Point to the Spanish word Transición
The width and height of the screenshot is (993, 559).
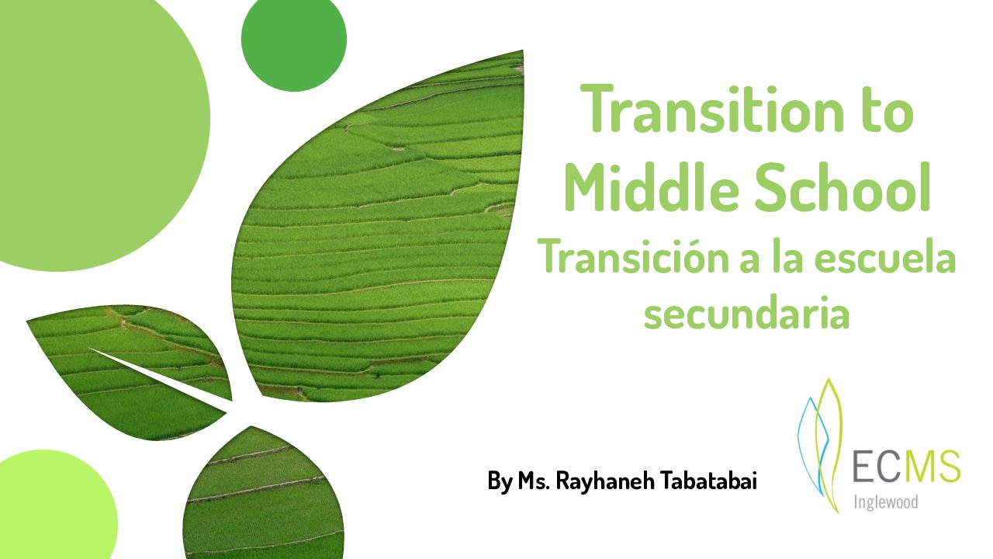coord(632,257)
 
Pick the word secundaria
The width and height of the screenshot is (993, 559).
coord(746,315)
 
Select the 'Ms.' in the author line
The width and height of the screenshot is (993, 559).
coord(535,481)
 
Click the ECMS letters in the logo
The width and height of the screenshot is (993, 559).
coord(906,466)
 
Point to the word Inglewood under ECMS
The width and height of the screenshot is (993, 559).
coord(884,502)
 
